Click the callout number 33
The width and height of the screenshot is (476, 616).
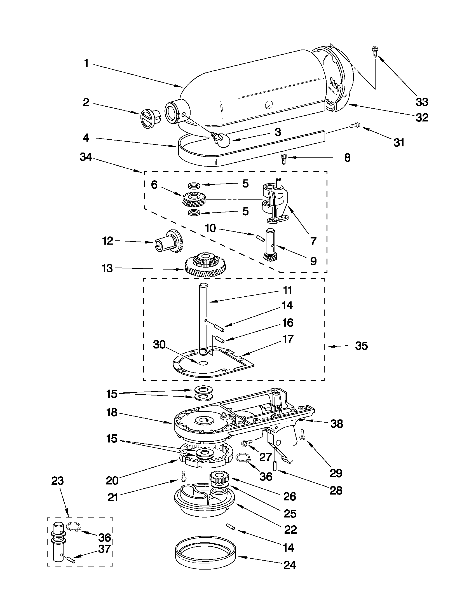(x=422, y=102)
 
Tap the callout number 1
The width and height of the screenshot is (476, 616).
(x=86, y=64)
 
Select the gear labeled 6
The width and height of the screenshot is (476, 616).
(x=194, y=198)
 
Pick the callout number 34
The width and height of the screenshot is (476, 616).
(x=86, y=157)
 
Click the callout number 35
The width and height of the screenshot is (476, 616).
(x=362, y=346)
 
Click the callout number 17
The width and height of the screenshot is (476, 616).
(x=288, y=339)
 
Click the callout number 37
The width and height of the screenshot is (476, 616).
(x=104, y=549)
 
